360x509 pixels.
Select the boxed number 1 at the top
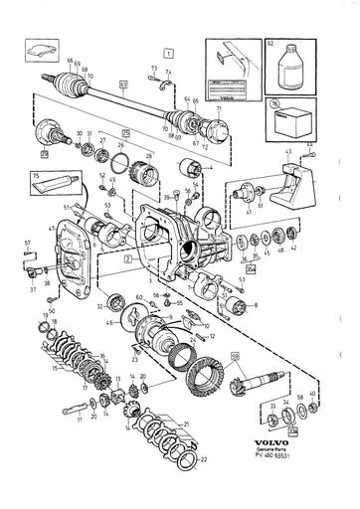point(170,50)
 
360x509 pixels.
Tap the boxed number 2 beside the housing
point(127,257)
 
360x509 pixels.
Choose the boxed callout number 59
point(235,356)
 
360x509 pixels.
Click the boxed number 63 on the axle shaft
point(125,86)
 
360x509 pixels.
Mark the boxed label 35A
point(251,268)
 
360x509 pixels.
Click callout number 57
point(28,243)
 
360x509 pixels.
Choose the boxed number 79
point(45,156)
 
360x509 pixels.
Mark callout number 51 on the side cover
point(67,208)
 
